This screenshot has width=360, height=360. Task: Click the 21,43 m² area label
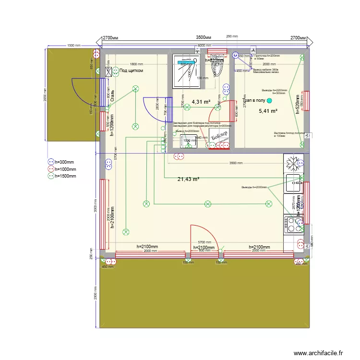(188, 179)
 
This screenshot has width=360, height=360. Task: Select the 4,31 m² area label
(201, 102)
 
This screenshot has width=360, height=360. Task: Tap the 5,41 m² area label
(268, 111)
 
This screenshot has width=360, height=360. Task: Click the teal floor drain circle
(269, 100)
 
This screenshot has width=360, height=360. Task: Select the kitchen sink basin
(292, 182)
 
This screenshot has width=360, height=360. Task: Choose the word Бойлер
(216, 139)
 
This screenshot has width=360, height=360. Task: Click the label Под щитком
(131, 71)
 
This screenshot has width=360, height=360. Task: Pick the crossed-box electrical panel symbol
(108, 72)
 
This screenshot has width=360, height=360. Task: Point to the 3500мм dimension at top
(204, 37)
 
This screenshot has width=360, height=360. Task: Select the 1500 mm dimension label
(73, 45)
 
